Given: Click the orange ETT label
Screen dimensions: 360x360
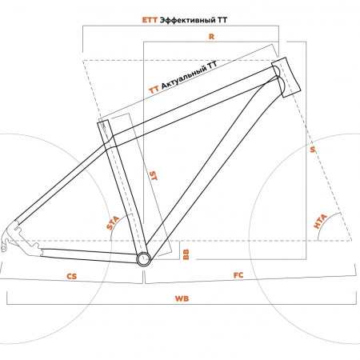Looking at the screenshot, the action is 150,20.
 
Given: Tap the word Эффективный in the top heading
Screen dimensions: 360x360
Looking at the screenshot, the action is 188,20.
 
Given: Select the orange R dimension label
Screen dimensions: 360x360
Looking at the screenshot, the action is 211,37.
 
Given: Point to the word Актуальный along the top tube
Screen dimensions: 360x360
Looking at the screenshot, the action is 184,76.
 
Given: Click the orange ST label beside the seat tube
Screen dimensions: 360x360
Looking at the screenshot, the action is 154,176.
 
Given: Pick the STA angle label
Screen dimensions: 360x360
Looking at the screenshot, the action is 113,223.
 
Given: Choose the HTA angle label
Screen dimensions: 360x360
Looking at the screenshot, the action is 320,222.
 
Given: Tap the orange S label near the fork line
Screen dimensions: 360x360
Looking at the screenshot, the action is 313,150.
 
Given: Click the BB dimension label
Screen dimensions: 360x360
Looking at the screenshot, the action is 186,254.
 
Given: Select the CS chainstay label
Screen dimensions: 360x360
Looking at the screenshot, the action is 71,276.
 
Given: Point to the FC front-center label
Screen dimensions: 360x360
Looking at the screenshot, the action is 238,275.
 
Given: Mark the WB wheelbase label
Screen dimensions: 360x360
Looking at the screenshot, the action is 182,298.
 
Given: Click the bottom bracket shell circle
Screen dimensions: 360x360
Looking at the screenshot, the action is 144,258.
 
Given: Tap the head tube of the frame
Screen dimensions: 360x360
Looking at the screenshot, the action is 286,77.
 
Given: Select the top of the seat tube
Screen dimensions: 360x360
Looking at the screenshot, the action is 103,122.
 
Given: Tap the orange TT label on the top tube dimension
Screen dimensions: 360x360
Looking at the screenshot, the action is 154,90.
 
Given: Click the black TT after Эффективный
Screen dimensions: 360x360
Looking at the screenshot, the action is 222,20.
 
